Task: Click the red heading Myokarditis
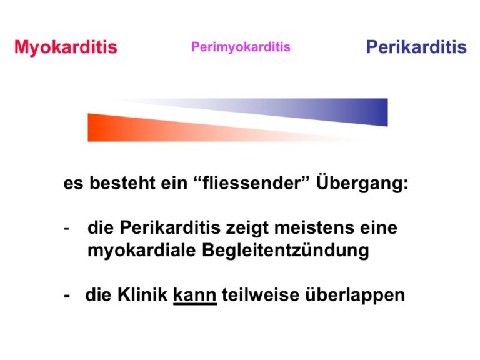pyautogui.click(x=66, y=47)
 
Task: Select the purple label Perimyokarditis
pyautogui.click(x=241, y=47)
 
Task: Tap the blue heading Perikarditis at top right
pyautogui.click(x=416, y=47)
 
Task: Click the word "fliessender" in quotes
pyautogui.click(x=252, y=182)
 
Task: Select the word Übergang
pyautogui.click(x=362, y=183)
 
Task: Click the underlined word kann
pyautogui.click(x=195, y=296)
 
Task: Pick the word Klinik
pyautogui.click(x=142, y=295)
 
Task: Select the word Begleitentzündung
pyautogui.click(x=286, y=251)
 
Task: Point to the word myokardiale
pyautogui.click(x=142, y=251)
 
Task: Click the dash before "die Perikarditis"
pyautogui.click(x=66, y=229)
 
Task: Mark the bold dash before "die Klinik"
pyautogui.click(x=67, y=296)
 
